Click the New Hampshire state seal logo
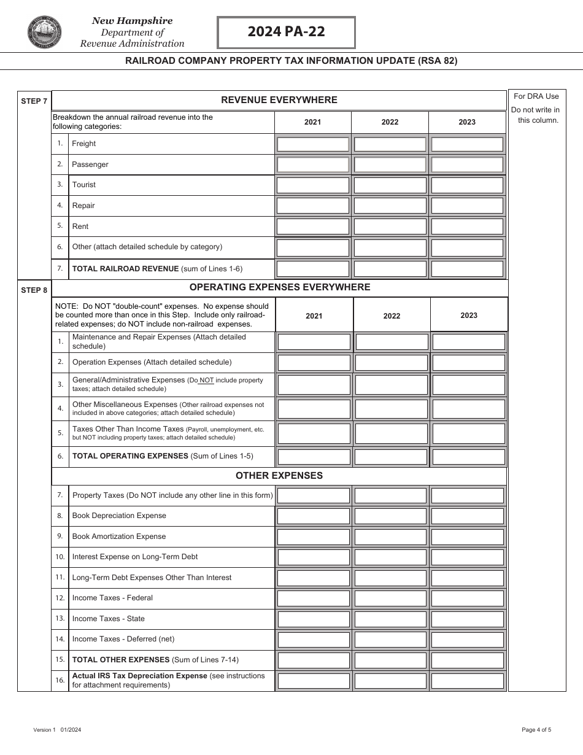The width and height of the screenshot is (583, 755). click(45, 33)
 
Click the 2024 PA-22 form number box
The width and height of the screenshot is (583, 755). click(286, 33)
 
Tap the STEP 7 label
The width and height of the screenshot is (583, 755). click(34, 101)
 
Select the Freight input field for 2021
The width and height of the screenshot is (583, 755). click(313, 144)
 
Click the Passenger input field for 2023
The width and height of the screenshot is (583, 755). click(467, 165)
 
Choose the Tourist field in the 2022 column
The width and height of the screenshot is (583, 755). click(390, 185)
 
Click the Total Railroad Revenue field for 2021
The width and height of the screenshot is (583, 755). click(313, 269)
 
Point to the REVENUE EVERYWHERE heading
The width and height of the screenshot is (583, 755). click(279, 100)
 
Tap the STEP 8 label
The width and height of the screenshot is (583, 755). click(34, 290)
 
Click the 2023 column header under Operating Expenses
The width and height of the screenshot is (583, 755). click(469, 316)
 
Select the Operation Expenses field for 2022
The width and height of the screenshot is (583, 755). click(392, 363)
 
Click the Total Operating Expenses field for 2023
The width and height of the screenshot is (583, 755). click(469, 457)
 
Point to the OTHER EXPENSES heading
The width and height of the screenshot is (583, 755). click(279, 476)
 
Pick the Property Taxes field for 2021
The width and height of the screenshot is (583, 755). click(314, 495)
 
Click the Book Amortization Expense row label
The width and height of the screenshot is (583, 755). click(119, 536)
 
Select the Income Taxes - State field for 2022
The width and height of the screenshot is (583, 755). click(391, 619)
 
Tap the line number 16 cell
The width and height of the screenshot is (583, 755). click(60, 681)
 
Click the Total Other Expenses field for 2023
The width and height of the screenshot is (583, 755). click(468, 660)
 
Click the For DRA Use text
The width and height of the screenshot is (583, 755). click(536, 96)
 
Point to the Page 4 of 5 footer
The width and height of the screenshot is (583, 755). click(536, 730)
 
